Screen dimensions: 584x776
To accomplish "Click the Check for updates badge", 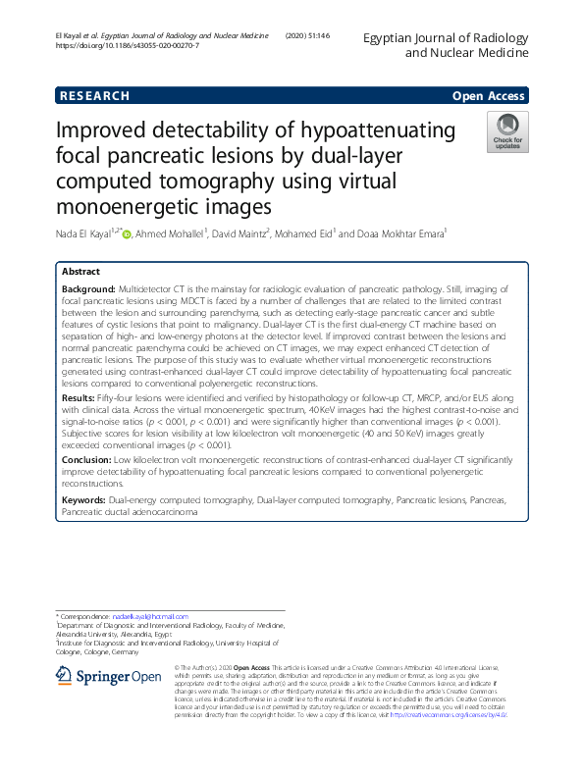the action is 506,133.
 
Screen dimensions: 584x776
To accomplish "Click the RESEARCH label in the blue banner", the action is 95,96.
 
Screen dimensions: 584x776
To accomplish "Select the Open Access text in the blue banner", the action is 488,96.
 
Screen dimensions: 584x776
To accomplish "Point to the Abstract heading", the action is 80,271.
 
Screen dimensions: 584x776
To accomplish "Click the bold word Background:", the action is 88,291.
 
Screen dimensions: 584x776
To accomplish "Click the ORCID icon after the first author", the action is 126,233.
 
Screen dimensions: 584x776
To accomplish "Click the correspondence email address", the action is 149,615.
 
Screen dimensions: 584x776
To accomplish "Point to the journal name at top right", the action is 447,45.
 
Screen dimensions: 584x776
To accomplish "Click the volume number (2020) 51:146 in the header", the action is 311,36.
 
